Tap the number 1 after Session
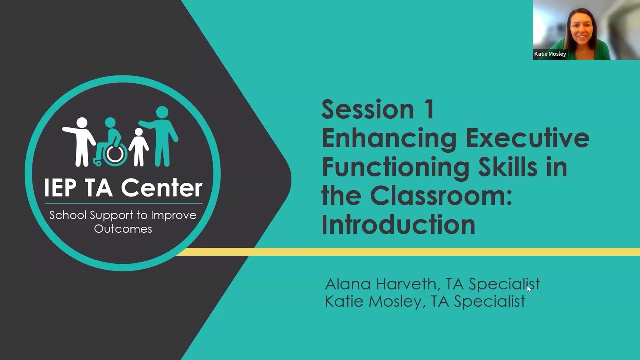tap(428, 109)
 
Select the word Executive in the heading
tap(527, 138)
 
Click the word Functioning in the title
tap(395, 167)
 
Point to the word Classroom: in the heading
tap(441, 196)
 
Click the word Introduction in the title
tap(398, 224)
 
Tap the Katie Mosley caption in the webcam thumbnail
tap(550, 54)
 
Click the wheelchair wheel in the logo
tap(115, 154)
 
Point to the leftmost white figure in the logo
tap(81, 141)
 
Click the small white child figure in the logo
tap(138, 147)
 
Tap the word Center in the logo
tap(162, 188)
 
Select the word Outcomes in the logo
tap(123, 229)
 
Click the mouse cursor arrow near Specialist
tap(529, 288)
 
